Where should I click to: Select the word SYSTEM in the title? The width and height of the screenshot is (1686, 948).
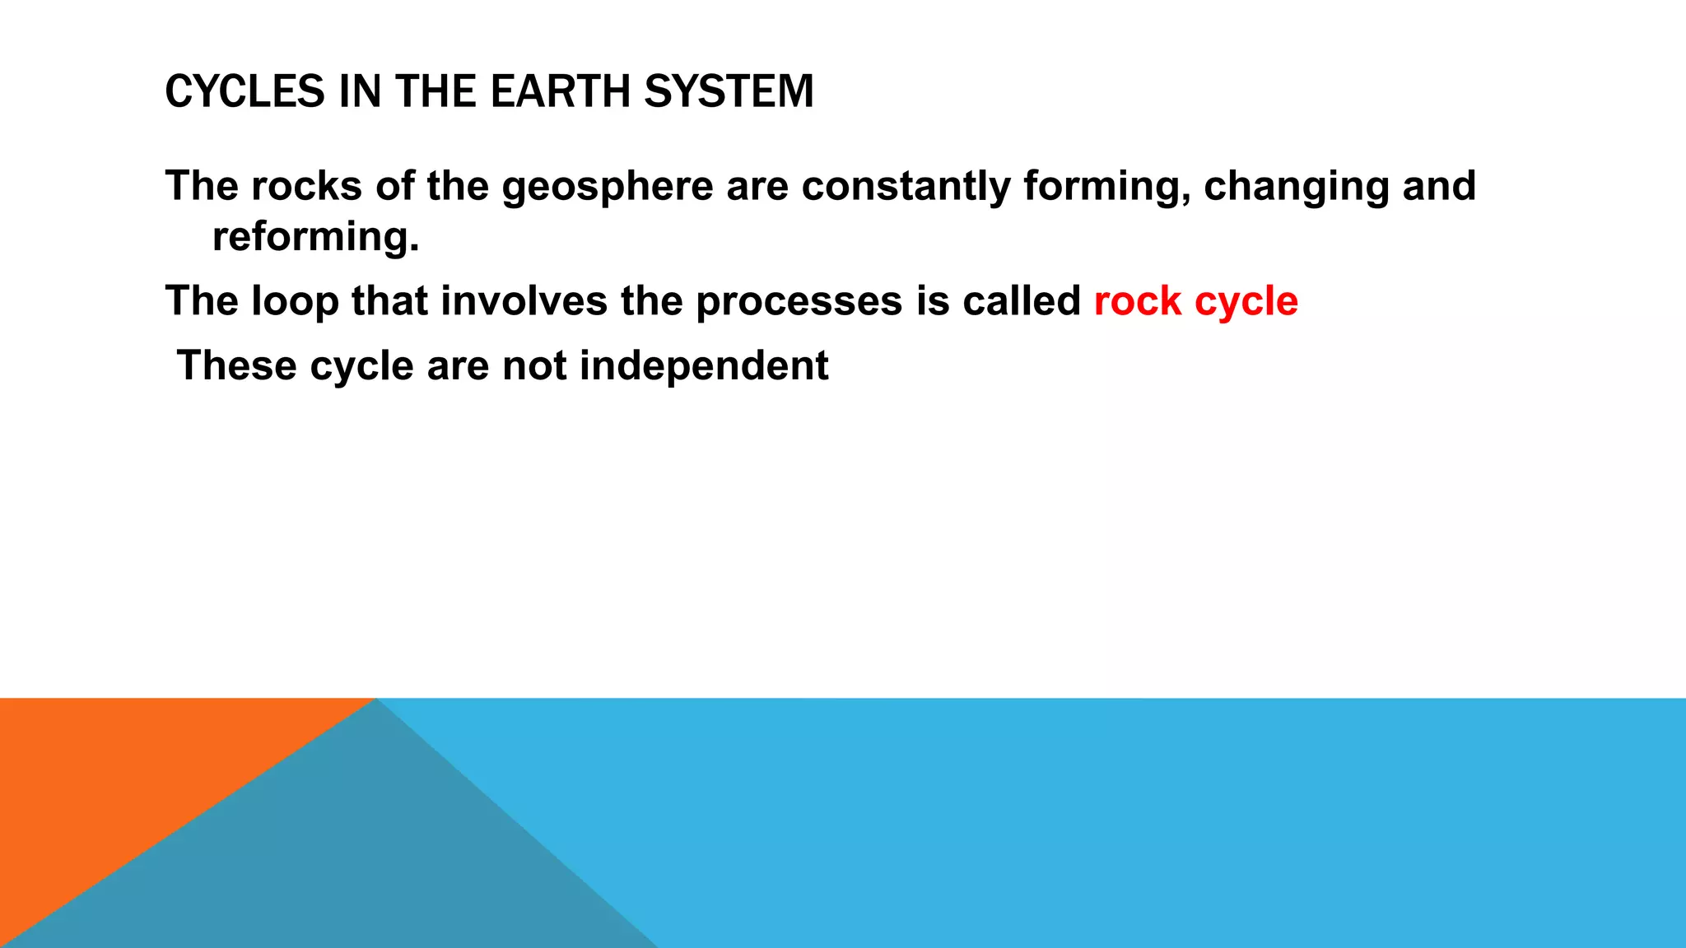click(x=729, y=91)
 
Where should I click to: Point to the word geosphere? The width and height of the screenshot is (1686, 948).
click(x=608, y=186)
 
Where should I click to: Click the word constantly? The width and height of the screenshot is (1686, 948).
click(x=906, y=186)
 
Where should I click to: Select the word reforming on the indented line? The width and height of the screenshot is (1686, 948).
click(x=315, y=237)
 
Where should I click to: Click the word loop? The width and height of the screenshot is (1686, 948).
click(x=295, y=301)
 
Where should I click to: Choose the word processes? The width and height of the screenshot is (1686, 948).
click(x=799, y=301)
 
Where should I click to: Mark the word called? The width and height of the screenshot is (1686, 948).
click(x=1022, y=301)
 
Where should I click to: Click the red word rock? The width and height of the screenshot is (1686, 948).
click(x=1138, y=301)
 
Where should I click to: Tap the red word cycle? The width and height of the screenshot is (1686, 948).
click(x=1246, y=301)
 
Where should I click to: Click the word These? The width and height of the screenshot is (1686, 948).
click(x=237, y=365)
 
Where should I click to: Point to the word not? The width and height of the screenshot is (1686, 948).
click(x=534, y=365)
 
